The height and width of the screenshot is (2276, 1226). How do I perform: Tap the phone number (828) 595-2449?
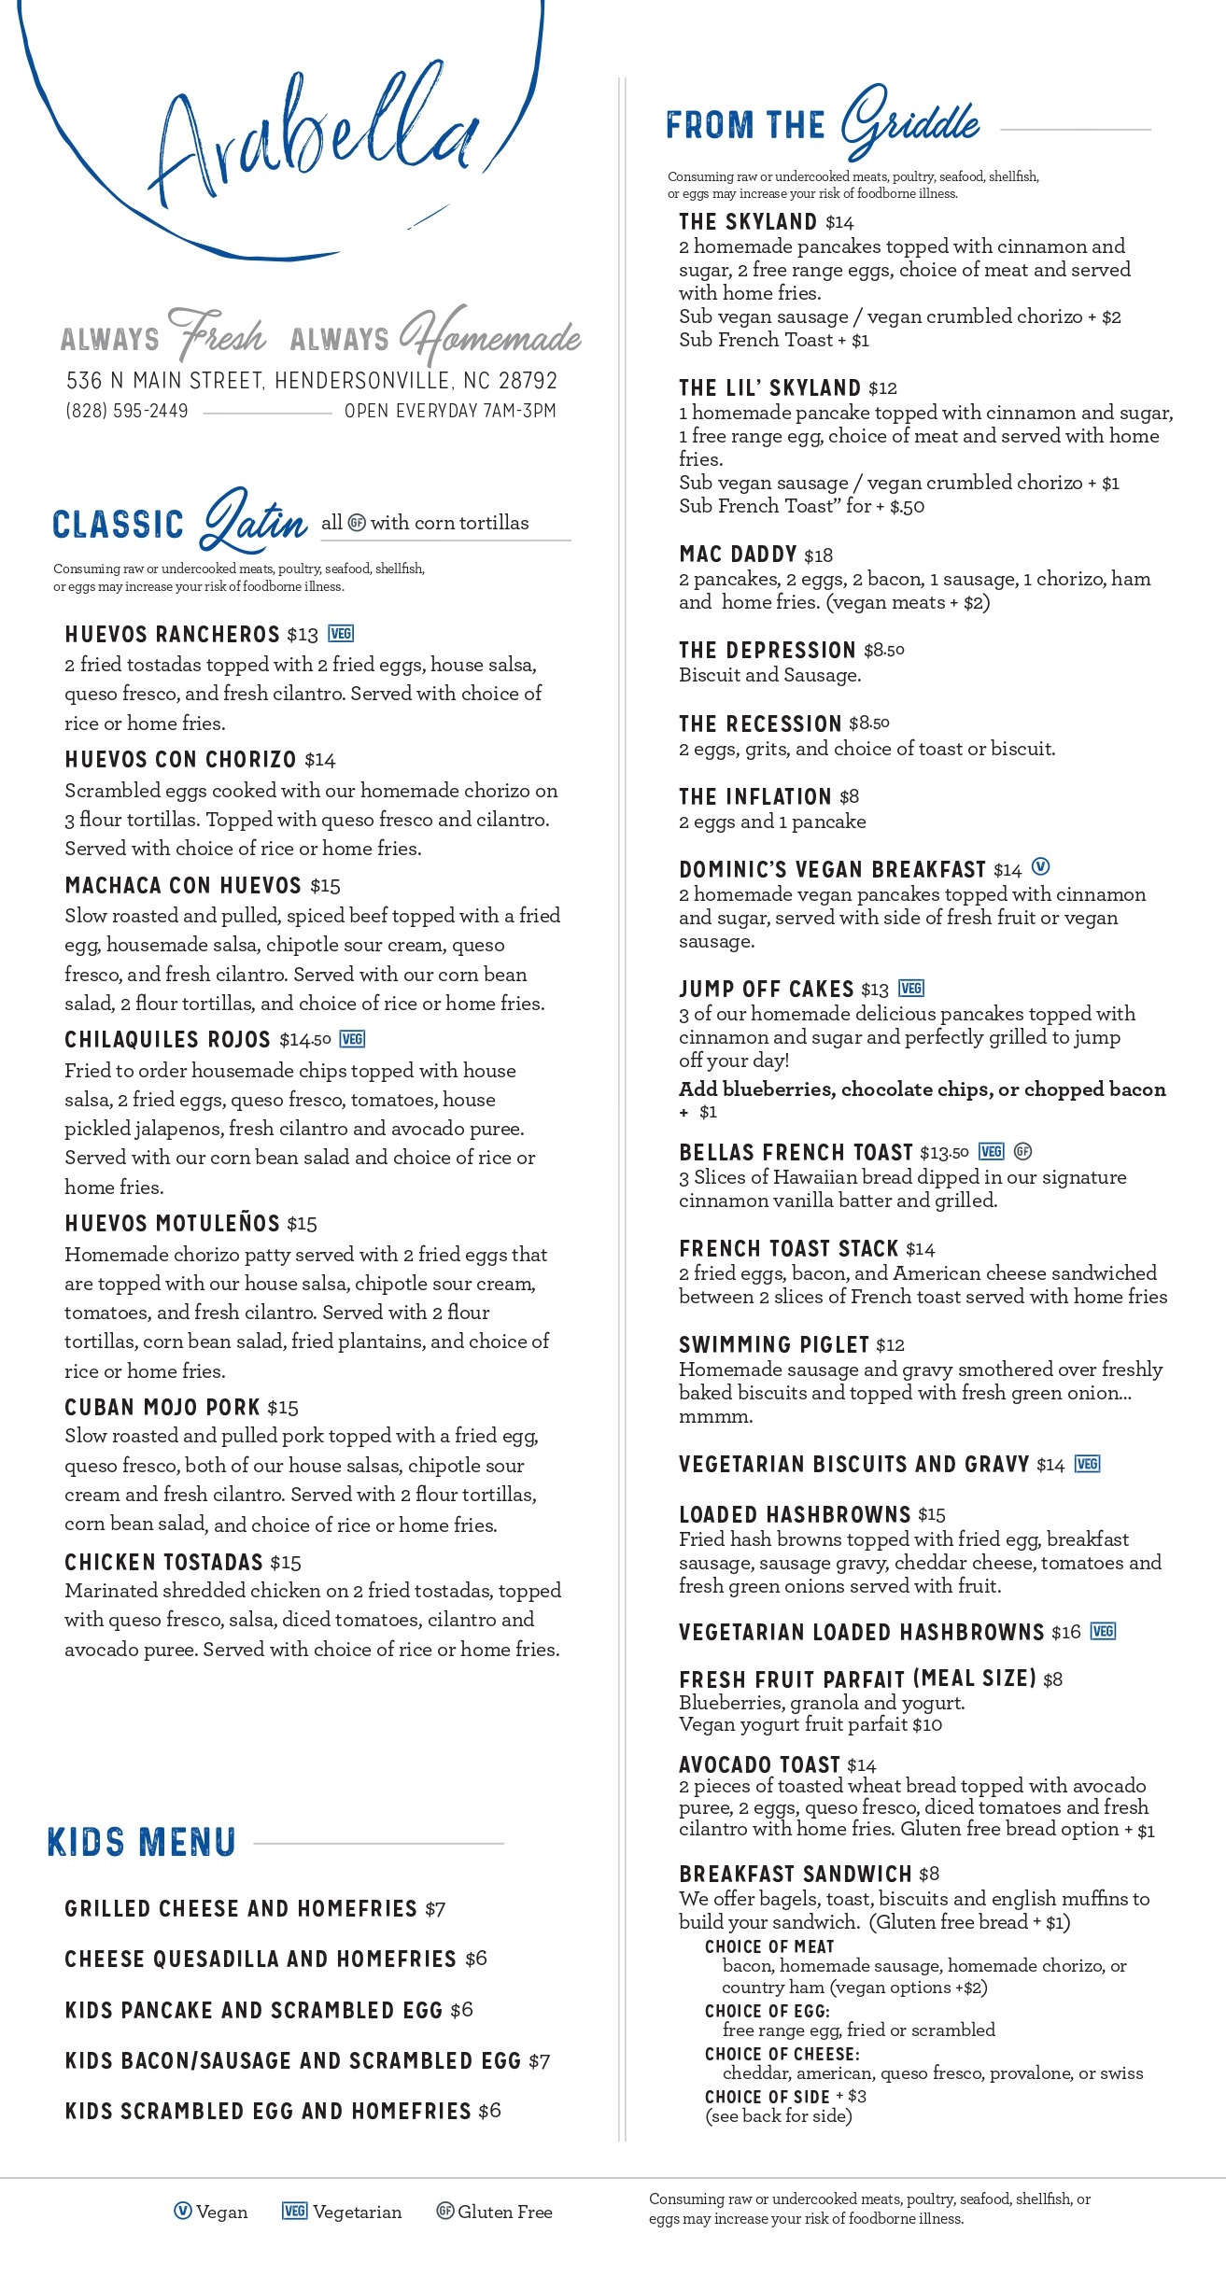127,411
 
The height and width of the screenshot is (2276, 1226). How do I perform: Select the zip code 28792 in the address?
528,381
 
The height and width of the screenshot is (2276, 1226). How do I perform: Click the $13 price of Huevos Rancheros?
303,636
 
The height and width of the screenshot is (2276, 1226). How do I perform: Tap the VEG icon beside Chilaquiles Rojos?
352,1039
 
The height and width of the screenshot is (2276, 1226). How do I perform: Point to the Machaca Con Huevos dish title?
183,885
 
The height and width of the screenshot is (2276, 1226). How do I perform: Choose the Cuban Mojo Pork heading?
162,1407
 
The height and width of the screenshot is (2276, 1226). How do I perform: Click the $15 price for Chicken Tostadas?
286,1563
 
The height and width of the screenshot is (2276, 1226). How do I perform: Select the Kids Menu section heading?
142,1842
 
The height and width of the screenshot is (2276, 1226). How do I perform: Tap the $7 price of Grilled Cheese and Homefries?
435,1910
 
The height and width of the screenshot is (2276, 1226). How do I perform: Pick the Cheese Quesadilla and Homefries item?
261,1960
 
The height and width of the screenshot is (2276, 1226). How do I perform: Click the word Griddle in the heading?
909,122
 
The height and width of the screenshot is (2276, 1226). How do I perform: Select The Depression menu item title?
767,650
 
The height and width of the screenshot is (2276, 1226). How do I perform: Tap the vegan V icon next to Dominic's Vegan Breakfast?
1040,866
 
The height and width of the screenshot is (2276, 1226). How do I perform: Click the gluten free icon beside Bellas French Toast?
1022,1151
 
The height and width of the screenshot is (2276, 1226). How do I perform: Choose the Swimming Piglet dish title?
774,1344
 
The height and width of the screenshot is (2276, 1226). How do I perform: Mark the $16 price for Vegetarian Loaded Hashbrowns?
1065,1632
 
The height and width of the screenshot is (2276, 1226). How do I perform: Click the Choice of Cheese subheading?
782,2054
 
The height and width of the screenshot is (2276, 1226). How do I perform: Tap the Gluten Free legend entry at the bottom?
495,2212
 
